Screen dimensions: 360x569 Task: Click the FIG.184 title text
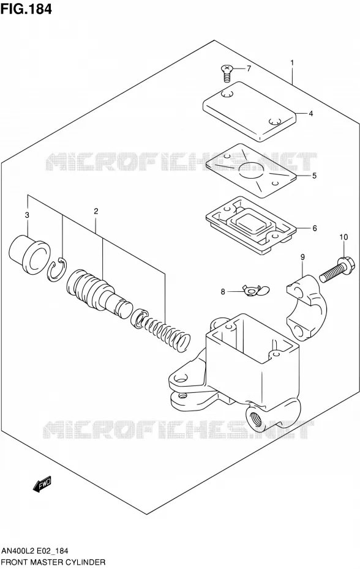[x=26, y=9]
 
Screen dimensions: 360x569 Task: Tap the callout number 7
[x=249, y=69]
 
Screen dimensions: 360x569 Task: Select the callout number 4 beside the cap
[x=310, y=114]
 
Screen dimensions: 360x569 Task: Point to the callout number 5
[x=314, y=176]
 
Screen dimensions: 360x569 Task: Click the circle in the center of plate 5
[x=250, y=170]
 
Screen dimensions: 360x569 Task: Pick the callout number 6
[x=315, y=228]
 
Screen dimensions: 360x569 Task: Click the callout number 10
[x=343, y=237]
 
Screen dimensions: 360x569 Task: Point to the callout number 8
[x=223, y=291]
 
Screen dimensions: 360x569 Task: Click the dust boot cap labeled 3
[x=29, y=256]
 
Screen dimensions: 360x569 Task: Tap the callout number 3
[x=27, y=215]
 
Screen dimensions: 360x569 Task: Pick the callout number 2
[x=96, y=211]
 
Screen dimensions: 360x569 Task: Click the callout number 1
[x=292, y=63]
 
